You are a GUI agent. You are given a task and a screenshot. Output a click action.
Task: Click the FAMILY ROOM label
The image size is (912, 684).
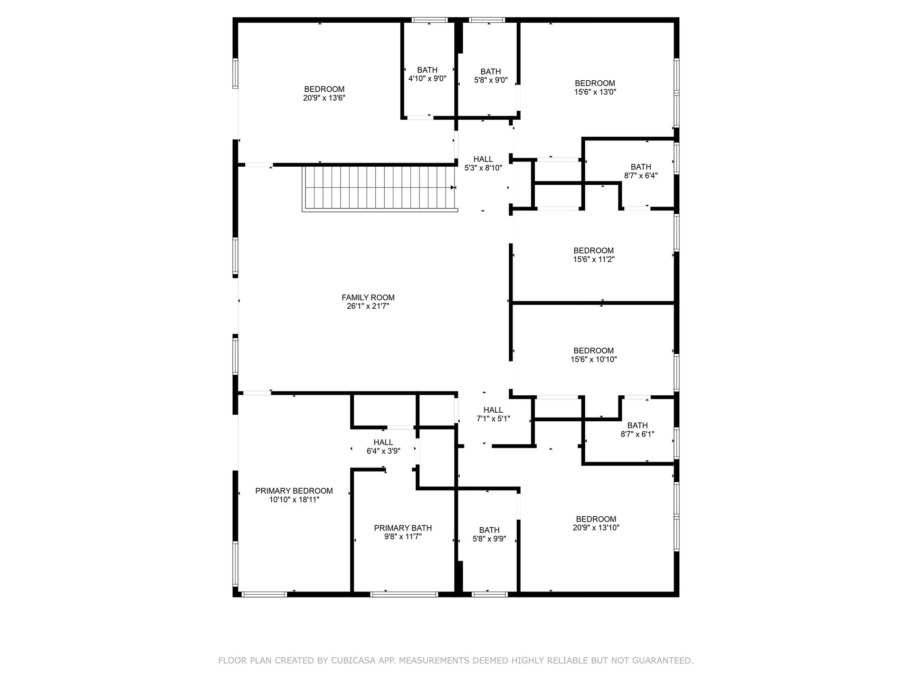pos(368,297)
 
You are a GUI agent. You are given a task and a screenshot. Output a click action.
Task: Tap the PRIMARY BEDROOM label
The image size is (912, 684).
pos(294,491)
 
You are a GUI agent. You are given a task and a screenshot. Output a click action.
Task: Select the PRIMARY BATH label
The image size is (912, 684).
pos(403,528)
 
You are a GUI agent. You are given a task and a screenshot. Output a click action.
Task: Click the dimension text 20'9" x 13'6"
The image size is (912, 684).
pos(324,98)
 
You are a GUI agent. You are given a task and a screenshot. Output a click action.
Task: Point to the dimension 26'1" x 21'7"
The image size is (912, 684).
pos(368,306)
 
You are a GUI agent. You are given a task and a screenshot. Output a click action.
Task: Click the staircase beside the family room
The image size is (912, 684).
pos(380,188)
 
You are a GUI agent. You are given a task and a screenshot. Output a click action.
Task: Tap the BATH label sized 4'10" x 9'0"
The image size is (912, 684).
pos(427,70)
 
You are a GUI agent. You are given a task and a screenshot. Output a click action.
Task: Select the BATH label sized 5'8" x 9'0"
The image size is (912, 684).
pos(491,72)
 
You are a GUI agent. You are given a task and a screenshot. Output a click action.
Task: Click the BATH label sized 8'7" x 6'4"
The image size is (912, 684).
pos(641,167)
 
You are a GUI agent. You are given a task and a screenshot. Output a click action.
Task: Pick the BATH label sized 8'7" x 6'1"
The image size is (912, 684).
pos(637,425)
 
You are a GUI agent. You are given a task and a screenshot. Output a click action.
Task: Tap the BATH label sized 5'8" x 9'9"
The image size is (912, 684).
pos(489,530)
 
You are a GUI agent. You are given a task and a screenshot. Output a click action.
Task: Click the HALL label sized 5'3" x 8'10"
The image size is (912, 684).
pos(483,159)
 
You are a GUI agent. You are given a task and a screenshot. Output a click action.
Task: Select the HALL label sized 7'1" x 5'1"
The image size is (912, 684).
pos(493,410)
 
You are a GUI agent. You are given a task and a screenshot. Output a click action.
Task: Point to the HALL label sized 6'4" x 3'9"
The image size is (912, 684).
pos(383,442)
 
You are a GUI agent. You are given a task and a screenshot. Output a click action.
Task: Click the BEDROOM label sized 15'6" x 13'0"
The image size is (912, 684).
pos(595,83)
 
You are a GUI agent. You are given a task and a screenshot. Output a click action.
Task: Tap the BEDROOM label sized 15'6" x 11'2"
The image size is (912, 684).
pos(594,250)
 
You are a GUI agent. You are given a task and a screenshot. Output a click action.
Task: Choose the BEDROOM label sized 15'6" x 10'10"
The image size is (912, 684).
pos(594,351)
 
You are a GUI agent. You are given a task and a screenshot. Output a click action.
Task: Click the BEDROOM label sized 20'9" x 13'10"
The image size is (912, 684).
pos(596,519)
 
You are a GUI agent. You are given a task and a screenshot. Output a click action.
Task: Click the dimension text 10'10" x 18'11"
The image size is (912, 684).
pos(294,500)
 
